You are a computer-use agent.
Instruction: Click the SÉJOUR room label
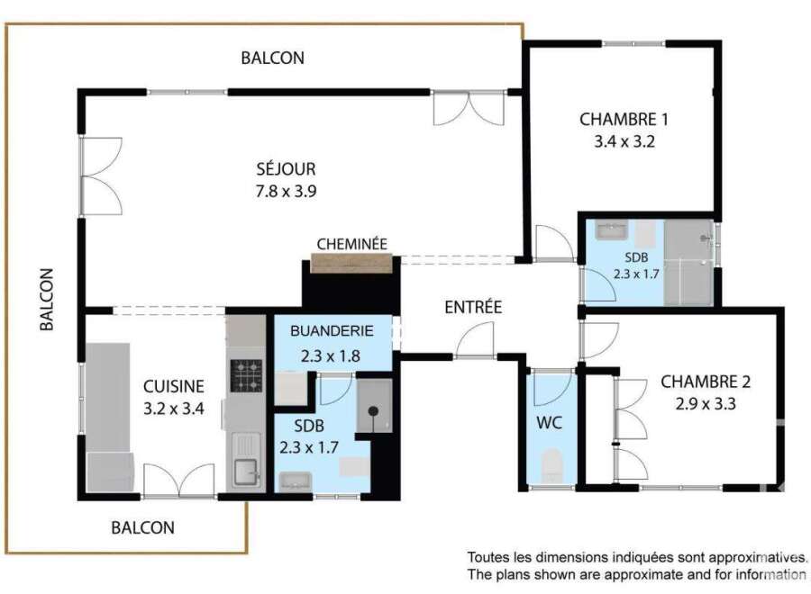(286, 168)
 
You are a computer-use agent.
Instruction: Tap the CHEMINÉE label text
(351, 244)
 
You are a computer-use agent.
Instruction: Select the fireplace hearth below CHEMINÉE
(351, 264)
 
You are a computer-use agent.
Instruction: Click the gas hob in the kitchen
(246, 376)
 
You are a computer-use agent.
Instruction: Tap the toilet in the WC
(551, 465)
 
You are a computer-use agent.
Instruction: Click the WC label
(550, 423)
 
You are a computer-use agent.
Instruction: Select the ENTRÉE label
(473, 307)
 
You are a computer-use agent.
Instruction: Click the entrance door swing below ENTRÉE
(475, 340)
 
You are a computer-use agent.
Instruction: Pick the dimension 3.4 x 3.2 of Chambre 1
(624, 141)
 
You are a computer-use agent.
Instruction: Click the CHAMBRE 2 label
(706, 382)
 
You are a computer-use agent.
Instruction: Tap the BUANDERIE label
(332, 330)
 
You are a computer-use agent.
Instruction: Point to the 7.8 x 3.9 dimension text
(286, 191)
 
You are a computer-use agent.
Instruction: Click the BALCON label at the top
(272, 58)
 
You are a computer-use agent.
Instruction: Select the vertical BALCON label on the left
(47, 300)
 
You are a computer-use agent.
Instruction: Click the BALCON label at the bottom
(143, 527)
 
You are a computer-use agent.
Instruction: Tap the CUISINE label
(174, 386)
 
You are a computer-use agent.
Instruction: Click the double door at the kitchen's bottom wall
(179, 481)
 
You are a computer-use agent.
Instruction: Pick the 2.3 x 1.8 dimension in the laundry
(331, 355)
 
